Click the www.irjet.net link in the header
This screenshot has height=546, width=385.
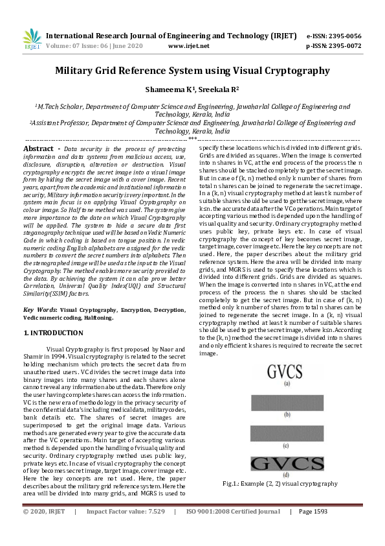pyautogui.click(x=188, y=46)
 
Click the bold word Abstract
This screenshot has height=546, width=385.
pyautogui.click(x=38, y=149)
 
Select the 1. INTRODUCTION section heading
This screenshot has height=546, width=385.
pyautogui.click(x=53, y=333)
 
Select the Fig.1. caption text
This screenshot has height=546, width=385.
pyautogui.click(x=279, y=484)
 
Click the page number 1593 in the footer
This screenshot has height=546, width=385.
pyautogui.click(x=319, y=512)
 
